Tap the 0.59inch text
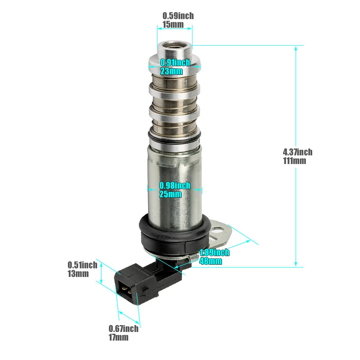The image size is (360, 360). [x=178, y=16]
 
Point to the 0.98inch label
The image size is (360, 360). [x=175, y=185]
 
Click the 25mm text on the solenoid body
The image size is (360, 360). [x=171, y=194]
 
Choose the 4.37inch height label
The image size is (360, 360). [x=297, y=152]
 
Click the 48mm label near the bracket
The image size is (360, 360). [x=211, y=261]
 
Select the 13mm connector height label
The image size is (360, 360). [x=78, y=273]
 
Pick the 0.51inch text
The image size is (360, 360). [x=82, y=265]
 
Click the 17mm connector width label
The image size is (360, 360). [x=118, y=337]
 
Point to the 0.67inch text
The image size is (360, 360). [x=123, y=329]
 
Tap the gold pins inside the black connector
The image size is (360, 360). [x=125, y=289]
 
